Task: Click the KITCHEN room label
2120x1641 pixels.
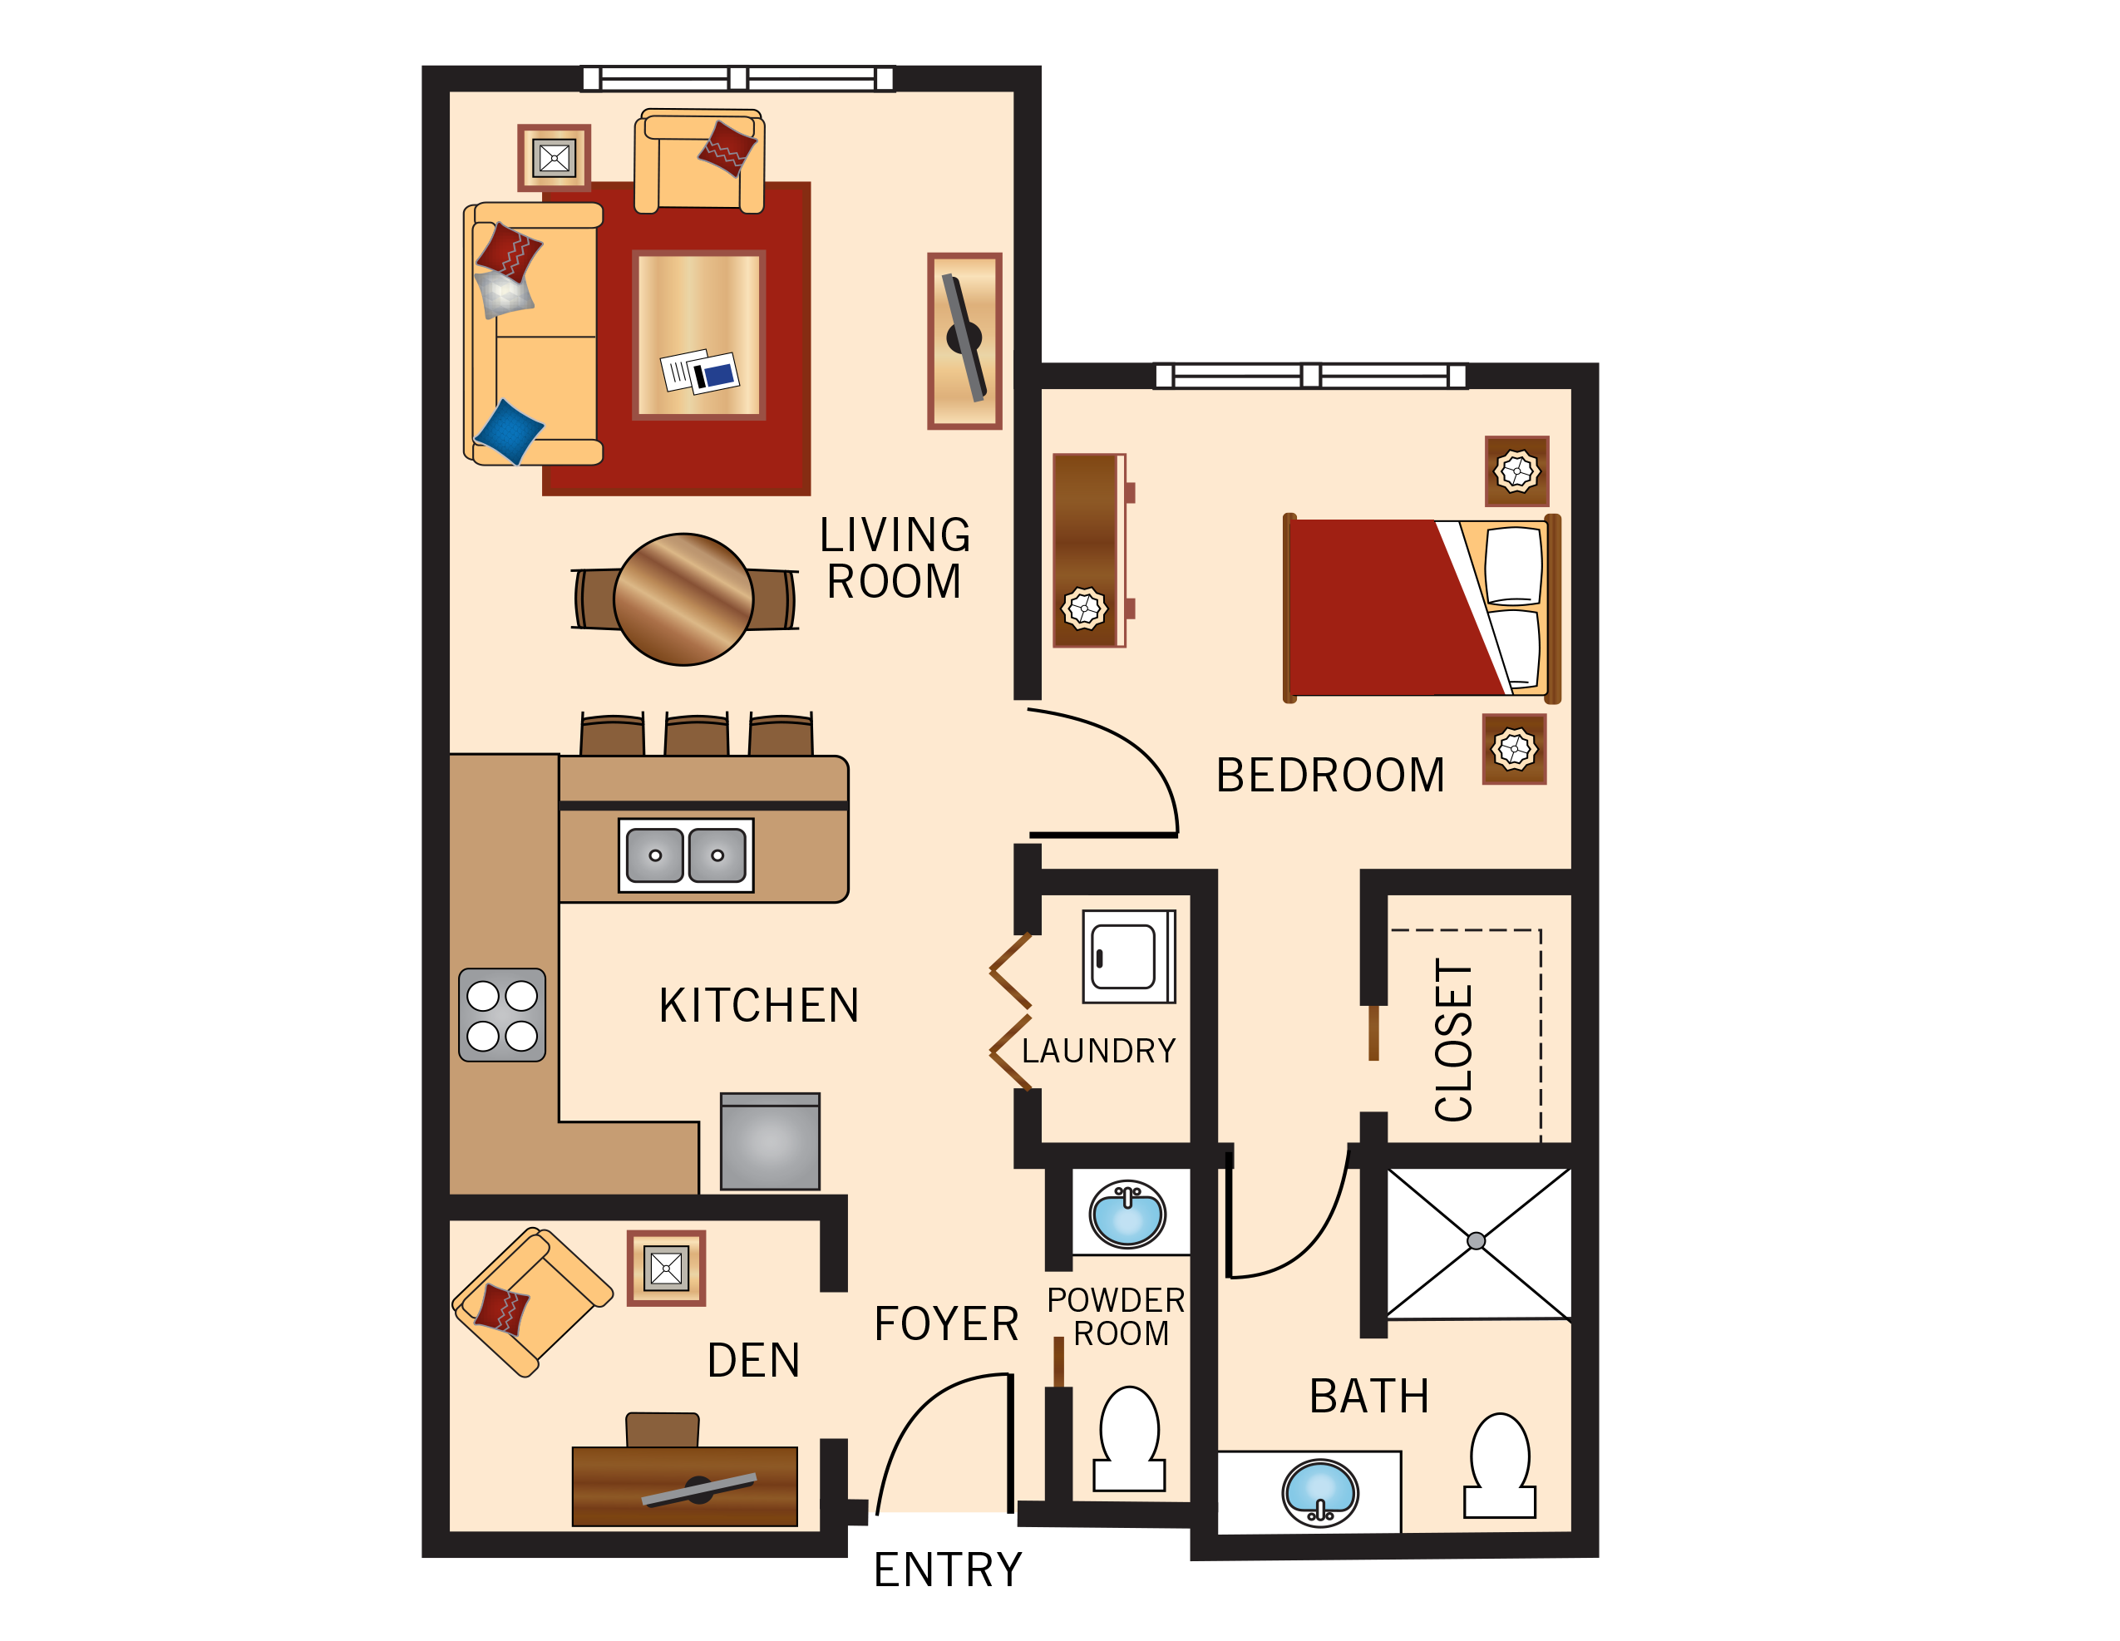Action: coord(758,1005)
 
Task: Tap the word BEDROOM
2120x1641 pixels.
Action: coord(1330,776)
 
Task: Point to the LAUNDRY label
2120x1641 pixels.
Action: coord(1098,1051)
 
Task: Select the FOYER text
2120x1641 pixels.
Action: coord(945,1324)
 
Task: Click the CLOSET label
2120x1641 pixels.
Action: coord(1453,1040)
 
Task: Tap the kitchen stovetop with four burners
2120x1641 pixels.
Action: coord(502,1014)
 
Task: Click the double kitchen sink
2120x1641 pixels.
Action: coord(685,855)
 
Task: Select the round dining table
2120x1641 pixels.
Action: coord(683,599)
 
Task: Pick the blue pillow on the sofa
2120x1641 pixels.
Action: coord(508,431)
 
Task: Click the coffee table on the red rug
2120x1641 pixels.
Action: coord(699,335)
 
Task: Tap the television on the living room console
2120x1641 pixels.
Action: coord(964,338)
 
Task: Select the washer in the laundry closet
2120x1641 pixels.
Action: coord(1128,956)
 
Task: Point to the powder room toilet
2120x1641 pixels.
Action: coord(1129,1439)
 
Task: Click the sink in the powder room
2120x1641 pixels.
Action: coord(1127,1213)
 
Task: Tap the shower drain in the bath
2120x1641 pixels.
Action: coord(1476,1240)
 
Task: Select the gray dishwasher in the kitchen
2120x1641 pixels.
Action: coord(770,1141)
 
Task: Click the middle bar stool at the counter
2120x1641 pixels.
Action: coord(697,735)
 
